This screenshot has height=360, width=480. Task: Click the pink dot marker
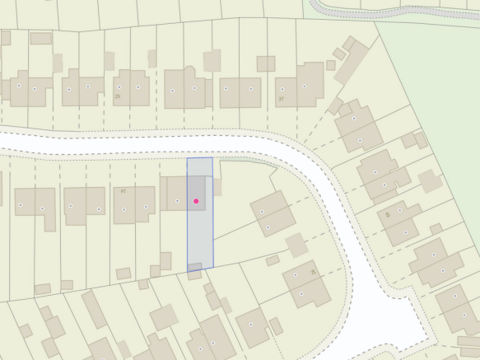click(196, 201)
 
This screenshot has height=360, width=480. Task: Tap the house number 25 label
click(118, 96)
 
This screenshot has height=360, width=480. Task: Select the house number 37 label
click(281, 100)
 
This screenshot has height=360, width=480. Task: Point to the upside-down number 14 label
click(123, 190)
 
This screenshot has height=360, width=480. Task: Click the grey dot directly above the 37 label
click(284, 88)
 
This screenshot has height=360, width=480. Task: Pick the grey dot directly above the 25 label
click(120, 86)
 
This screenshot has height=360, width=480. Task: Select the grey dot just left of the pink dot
click(177, 201)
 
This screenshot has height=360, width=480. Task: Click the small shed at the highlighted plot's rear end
click(194, 266)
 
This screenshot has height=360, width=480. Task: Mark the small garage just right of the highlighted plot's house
click(217, 187)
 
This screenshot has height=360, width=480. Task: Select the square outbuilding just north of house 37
click(265, 63)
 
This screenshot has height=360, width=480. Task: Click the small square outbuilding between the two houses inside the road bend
click(296, 245)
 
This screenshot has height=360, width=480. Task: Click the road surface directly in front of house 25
click(123, 142)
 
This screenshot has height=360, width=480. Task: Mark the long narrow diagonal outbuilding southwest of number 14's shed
click(93, 309)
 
